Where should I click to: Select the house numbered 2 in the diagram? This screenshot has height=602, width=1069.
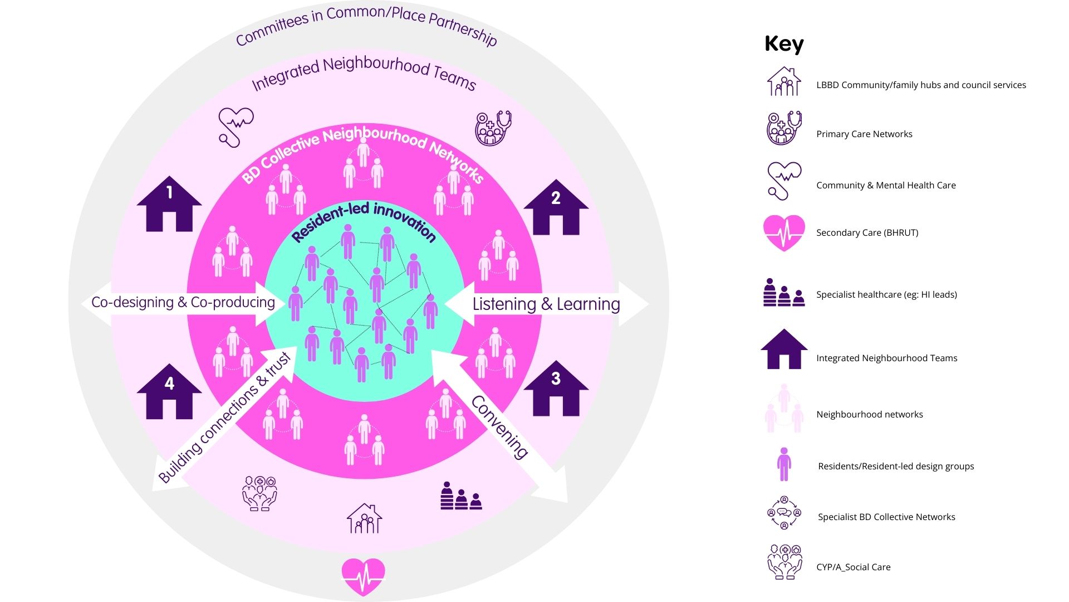point(556,208)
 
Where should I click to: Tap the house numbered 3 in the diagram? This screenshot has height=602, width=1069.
point(556,390)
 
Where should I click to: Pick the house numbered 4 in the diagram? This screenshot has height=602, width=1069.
point(169,393)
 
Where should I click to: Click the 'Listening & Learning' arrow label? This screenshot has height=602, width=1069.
point(546,304)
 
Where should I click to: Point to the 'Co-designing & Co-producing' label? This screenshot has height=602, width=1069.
point(183,302)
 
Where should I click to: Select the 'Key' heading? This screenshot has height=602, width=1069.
point(784,43)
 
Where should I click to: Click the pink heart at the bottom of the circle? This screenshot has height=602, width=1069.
point(363,576)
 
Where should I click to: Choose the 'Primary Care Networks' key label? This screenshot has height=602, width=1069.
point(864,134)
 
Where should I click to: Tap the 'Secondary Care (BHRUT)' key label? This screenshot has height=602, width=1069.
point(867,232)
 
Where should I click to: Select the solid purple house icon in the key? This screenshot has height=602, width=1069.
point(784,349)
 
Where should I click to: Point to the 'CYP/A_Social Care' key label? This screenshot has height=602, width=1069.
point(853,567)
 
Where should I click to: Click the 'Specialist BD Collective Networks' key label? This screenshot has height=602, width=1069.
point(886,517)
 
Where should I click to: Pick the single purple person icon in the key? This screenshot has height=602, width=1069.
point(784,464)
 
